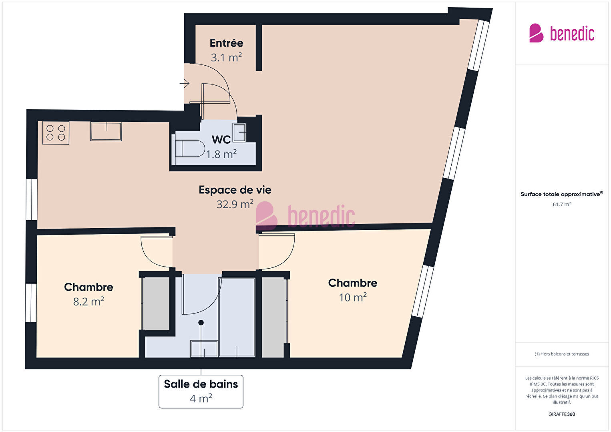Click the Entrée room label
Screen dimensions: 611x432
[x=226, y=43]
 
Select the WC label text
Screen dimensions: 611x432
[x=221, y=140]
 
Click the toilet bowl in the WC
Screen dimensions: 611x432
[x=190, y=149]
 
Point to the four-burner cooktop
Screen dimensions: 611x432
[x=56, y=133]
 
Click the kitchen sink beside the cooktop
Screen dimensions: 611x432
[x=106, y=131]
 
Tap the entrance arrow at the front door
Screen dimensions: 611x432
[x=185, y=83]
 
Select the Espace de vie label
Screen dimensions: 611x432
[x=235, y=190]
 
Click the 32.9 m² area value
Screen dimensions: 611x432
[x=235, y=204]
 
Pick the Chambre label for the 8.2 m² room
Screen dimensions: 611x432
[x=88, y=287]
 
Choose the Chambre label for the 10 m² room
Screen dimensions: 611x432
[x=353, y=283]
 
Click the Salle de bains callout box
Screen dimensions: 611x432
[x=201, y=392]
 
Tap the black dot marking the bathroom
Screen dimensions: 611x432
[x=201, y=323]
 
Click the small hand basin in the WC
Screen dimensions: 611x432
[x=239, y=133]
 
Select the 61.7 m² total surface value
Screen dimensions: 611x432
[x=562, y=204]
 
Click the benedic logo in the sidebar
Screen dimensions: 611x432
[x=562, y=33]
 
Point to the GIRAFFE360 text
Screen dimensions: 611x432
[x=562, y=414]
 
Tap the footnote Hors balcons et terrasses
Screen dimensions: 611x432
[x=562, y=354]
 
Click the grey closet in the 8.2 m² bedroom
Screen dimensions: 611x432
[x=156, y=303]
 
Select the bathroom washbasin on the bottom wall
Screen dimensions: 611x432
[x=204, y=349]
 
